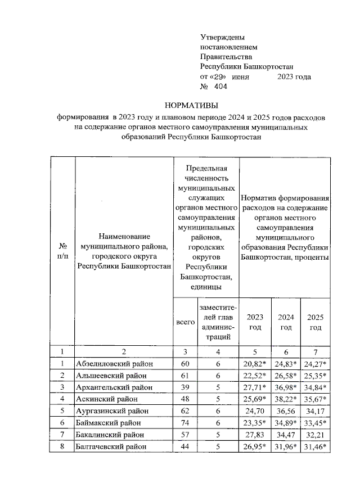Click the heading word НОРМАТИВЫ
[190, 106]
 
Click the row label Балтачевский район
[111, 446]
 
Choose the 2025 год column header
[315, 322]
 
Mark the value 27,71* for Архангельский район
[256, 387]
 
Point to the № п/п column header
[63, 251]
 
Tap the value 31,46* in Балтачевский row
[316, 446]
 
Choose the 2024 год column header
[286, 322]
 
